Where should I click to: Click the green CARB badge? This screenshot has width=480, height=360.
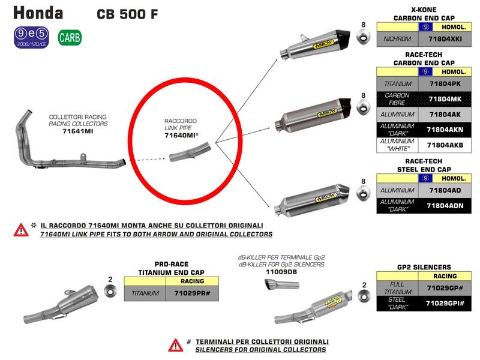coord(70,38)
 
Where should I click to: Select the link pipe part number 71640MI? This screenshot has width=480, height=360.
coord(182,136)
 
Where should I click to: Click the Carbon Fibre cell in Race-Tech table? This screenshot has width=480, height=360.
coord(397,98)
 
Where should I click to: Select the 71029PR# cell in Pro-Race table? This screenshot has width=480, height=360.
coord(196,293)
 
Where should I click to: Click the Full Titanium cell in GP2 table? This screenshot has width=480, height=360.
coord(397,288)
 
